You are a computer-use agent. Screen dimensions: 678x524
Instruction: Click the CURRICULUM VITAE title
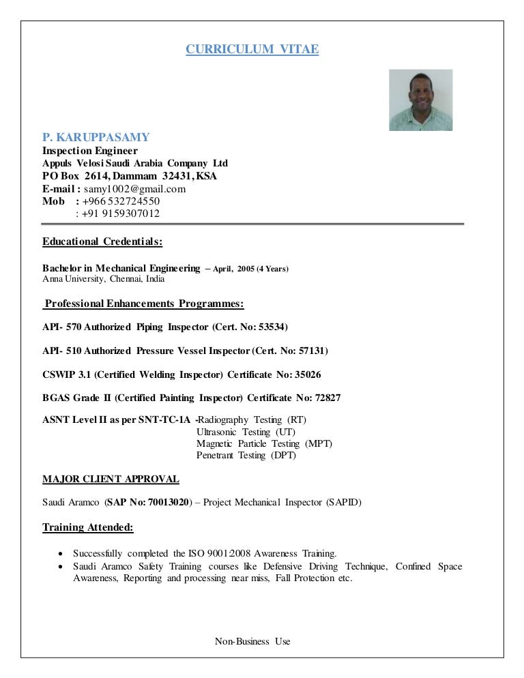[252, 50]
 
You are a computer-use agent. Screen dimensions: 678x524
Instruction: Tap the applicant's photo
[420, 100]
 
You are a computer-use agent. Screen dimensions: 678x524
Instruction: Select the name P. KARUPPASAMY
[96, 138]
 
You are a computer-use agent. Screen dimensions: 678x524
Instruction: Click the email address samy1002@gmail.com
[135, 189]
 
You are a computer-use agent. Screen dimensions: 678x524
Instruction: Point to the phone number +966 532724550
[123, 201]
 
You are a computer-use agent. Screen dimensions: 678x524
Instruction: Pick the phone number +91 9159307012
[121, 213]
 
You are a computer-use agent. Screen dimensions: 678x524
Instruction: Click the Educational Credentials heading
[102, 241]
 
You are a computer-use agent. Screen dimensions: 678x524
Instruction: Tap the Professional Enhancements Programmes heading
[145, 303]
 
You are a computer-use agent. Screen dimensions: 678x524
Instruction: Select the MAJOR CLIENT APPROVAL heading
[111, 479]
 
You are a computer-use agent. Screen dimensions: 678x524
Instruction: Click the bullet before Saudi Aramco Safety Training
[63, 567]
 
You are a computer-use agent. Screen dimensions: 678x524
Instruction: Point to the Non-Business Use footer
[252, 641]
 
